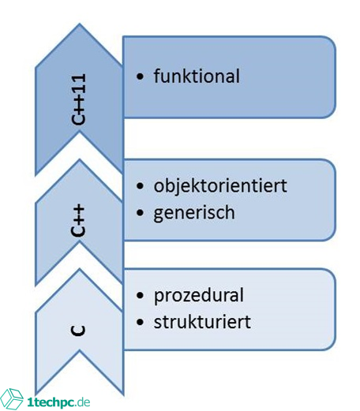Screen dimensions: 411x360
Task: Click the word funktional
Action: pyautogui.click(x=197, y=77)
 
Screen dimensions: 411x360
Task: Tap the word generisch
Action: pyautogui.click(x=195, y=212)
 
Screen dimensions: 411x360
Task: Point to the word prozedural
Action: pyautogui.click(x=199, y=296)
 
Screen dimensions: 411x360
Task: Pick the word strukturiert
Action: pyautogui.click(x=203, y=322)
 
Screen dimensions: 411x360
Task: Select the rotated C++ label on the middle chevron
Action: pyautogui.click(x=79, y=222)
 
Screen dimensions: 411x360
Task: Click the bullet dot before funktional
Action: pyautogui.click(x=141, y=77)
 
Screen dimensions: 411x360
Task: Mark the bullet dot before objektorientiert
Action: pyautogui.click(x=141, y=187)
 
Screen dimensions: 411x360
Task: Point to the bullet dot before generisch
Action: pyautogui.click(x=141, y=213)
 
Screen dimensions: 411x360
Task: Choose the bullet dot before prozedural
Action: pyautogui.click(x=141, y=297)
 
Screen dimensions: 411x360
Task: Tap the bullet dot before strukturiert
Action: pyautogui.click(x=141, y=323)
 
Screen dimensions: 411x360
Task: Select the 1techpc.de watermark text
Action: pyautogui.click(x=58, y=402)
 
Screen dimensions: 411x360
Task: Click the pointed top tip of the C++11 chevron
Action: pyautogui.click(x=79, y=24)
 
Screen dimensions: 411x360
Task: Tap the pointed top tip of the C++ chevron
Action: pyautogui.click(x=79, y=161)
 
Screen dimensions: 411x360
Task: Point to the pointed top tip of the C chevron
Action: pyautogui.click(x=79, y=271)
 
